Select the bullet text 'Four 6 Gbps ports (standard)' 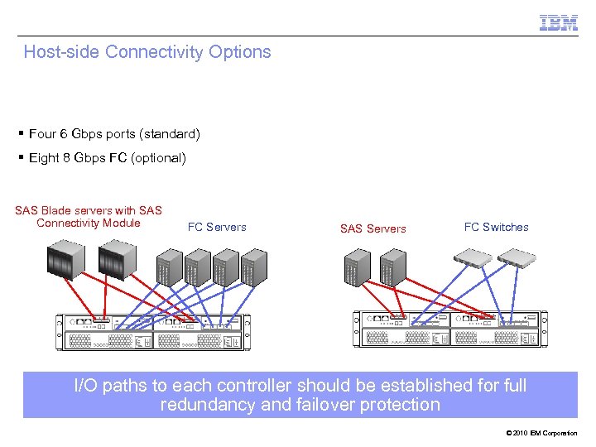113,133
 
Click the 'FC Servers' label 217,227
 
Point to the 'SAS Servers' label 372,228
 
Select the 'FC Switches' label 496,227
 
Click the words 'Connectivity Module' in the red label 89,223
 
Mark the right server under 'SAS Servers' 391,267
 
